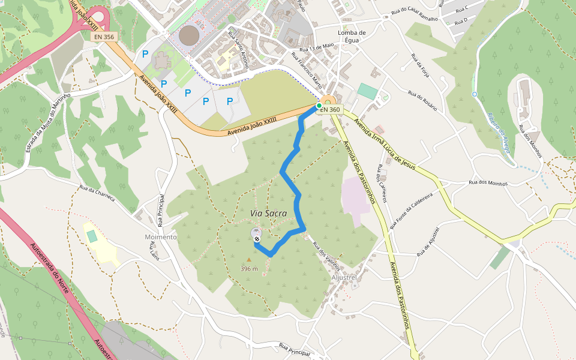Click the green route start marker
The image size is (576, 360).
tap(319, 106)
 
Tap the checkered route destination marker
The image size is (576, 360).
tap(257, 238)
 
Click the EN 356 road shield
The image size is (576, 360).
tap(104, 37)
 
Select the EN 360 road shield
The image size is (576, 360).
tap(329, 110)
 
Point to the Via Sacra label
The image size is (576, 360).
tap(268, 213)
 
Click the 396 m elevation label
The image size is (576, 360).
tap(249, 268)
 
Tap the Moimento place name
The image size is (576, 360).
tap(161, 237)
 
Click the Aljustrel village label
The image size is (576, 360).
tap(344, 278)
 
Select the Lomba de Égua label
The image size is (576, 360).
tap(352, 37)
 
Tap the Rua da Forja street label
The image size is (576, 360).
tap(419, 67)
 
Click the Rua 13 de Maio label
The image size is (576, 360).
tap(316, 46)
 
